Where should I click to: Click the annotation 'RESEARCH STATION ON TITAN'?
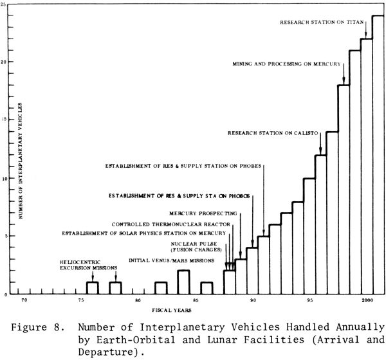(322, 22)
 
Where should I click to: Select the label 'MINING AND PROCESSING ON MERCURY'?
(286, 64)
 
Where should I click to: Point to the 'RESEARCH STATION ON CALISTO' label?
(273, 133)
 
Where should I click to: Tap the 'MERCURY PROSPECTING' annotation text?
(203, 213)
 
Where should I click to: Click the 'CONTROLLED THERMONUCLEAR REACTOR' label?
(171, 224)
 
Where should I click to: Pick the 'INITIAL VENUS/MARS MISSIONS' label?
(171, 260)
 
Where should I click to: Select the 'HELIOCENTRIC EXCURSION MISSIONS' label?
(88, 265)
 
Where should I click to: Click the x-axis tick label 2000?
(367, 300)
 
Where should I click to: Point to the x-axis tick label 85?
(196, 300)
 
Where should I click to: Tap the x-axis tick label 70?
(24, 300)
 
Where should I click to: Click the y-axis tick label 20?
(3, 62)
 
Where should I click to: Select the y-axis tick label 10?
(3, 178)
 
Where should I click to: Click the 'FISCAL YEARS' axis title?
(172, 310)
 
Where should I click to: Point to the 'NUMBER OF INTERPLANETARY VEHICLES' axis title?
(21, 161)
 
